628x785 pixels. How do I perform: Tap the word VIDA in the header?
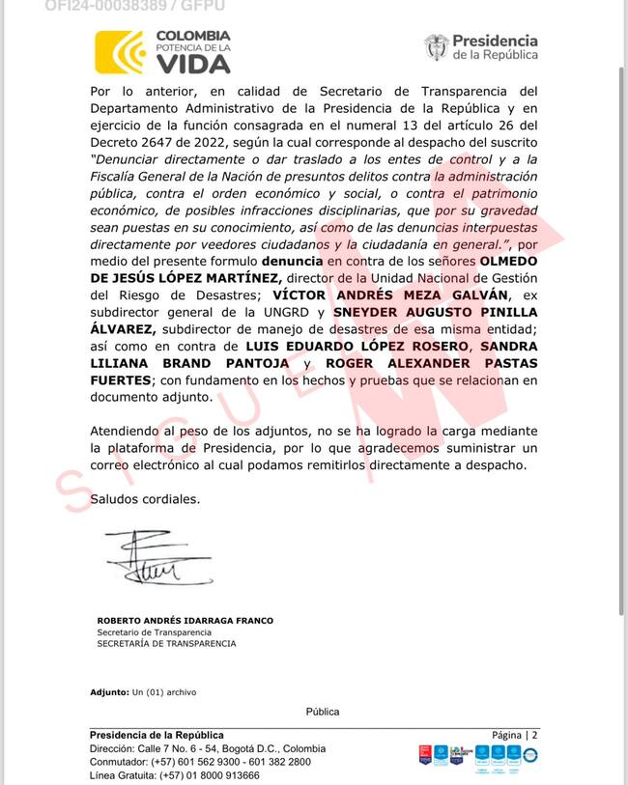[193, 64]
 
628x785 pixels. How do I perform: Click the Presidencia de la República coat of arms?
[436, 47]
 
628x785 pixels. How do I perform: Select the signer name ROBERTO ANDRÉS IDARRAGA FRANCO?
[185, 621]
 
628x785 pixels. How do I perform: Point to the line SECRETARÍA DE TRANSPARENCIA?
[166, 643]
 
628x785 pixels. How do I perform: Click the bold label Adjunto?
[109, 692]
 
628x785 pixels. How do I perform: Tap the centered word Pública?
[323, 712]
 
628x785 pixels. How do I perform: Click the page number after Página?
[534, 736]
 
